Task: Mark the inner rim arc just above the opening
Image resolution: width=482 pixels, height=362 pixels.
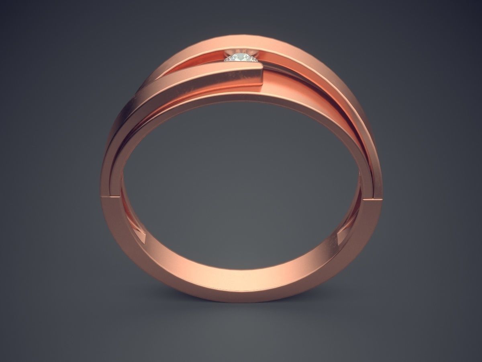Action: (241, 99)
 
